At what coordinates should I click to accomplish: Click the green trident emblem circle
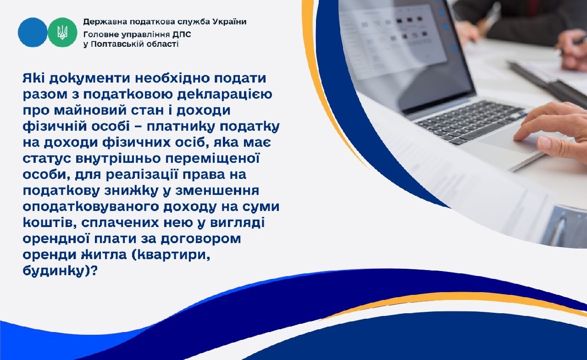tap(62, 32)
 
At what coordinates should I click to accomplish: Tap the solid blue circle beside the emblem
tap(33, 32)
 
